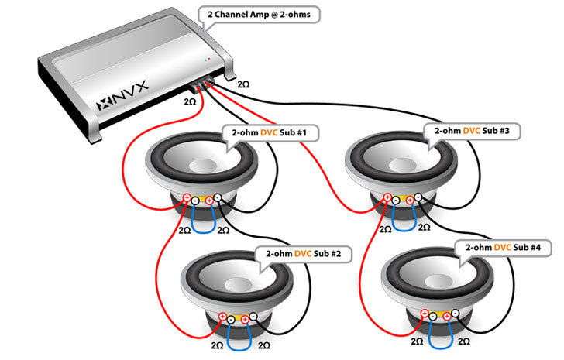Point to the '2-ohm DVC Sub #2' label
pyautogui.click(x=298, y=253)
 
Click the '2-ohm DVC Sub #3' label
pyautogui.click(x=472, y=131)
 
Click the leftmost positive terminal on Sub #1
pyautogui.click(x=187, y=198)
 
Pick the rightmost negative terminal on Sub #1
pyautogui.click(x=218, y=198)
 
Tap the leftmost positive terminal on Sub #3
pyautogui.click(x=387, y=199)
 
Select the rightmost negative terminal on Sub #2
pyautogui.click(x=255, y=317)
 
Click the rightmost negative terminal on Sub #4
pyautogui.click(x=456, y=314)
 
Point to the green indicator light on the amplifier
pyautogui.click(x=206, y=59)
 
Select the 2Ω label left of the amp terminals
pyautogui.click(x=190, y=101)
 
